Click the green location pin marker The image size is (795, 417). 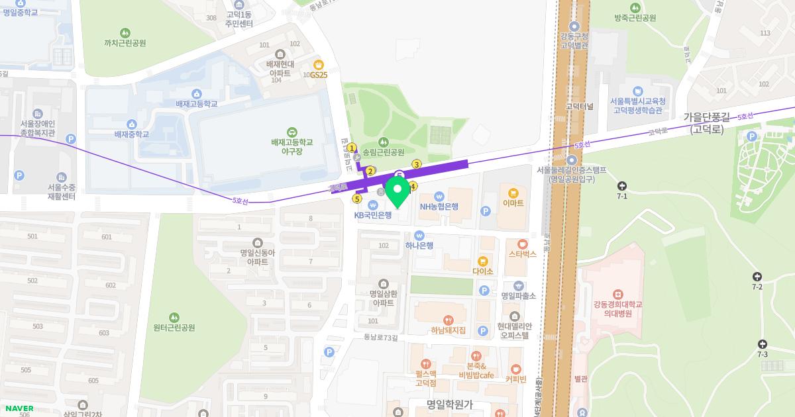point(398,192)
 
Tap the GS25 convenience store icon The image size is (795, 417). point(319,65)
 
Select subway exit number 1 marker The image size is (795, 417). point(352,148)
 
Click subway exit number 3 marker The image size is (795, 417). point(417,164)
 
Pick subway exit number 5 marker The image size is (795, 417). point(357,199)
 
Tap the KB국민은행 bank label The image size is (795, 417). point(373,214)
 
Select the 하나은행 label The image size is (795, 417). point(419,245)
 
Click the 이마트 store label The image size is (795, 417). point(513,203)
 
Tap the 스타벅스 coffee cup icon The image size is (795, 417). point(522,244)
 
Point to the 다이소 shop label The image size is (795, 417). point(483,271)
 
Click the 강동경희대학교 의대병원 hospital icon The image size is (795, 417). point(617,293)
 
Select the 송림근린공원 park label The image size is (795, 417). point(383,152)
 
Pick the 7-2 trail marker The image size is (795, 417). point(757,277)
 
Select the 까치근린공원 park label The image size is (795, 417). point(125,43)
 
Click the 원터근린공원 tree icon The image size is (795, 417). point(174,317)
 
